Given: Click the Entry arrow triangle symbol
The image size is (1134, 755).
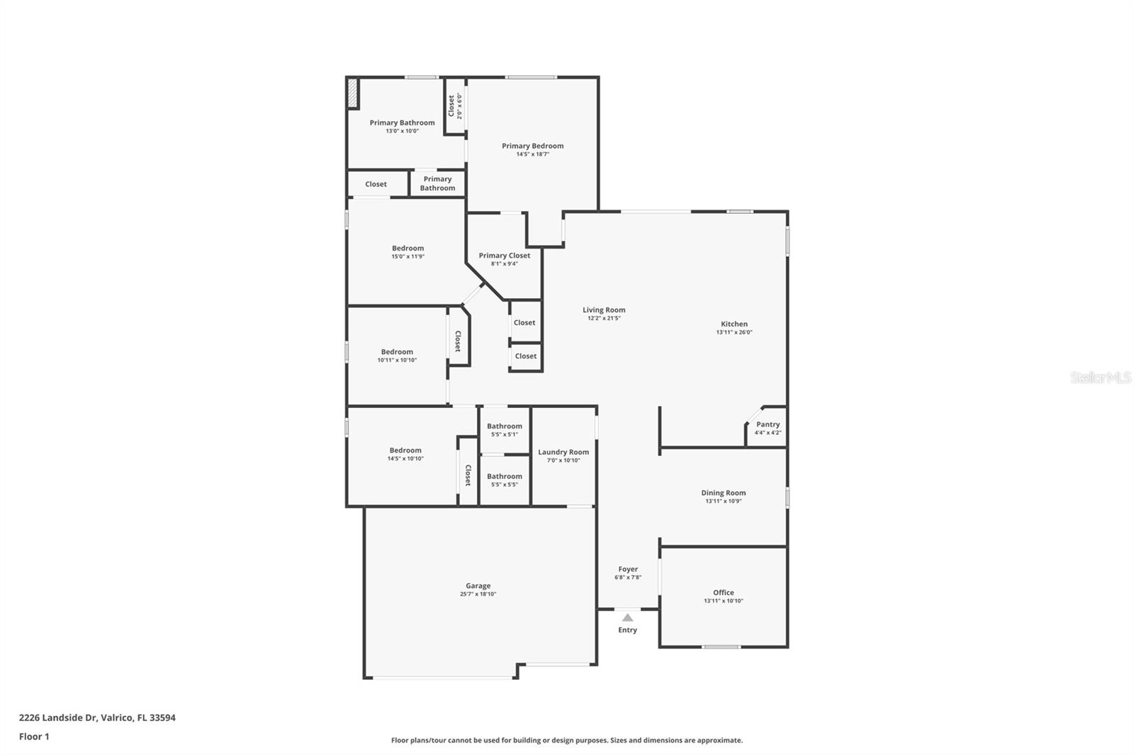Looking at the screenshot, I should pyautogui.click(x=627, y=618).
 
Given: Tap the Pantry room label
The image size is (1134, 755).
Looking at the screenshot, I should pyautogui.click(x=768, y=424).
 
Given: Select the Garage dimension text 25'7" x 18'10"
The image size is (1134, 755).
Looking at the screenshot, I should pyautogui.click(x=478, y=594).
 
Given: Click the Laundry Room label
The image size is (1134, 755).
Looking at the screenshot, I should pyautogui.click(x=563, y=452).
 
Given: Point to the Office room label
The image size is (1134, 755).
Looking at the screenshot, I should pyautogui.click(x=723, y=592).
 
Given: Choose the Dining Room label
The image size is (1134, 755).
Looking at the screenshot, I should pyautogui.click(x=723, y=492).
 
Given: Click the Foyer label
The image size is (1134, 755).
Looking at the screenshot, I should pyautogui.click(x=628, y=569).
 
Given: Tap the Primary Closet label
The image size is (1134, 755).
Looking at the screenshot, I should pyautogui.click(x=504, y=255).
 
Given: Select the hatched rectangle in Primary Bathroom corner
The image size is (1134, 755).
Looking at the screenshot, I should pyautogui.click(x=352, y=93).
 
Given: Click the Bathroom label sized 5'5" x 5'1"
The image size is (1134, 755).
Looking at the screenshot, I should pyautogui.click(x=504, y=426).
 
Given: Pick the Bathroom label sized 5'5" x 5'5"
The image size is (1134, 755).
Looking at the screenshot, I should pyautogui.click(x=504, y=476).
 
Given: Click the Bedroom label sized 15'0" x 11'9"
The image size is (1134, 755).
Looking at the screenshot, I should pyautogui.click(x=408, y=248).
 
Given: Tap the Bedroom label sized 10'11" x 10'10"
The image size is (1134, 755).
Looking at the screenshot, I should pyautogui.click(x=397, y=351).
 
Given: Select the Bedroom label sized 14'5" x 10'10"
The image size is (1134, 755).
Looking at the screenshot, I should pyautogui.click(x=405, y=450).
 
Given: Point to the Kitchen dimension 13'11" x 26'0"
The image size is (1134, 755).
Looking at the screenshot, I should pyautogui.click(x=734, y=332).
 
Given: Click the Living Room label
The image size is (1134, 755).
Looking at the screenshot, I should pyautogui.click(x=604, y=310).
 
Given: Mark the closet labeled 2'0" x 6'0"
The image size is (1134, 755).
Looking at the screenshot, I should pyautogui.click(x=454, y=106).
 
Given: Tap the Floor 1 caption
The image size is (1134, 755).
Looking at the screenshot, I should pyautogui.click(x=34, y=737).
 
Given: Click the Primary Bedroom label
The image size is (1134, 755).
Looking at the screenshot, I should pyautogui.click(x=532, y=146).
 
